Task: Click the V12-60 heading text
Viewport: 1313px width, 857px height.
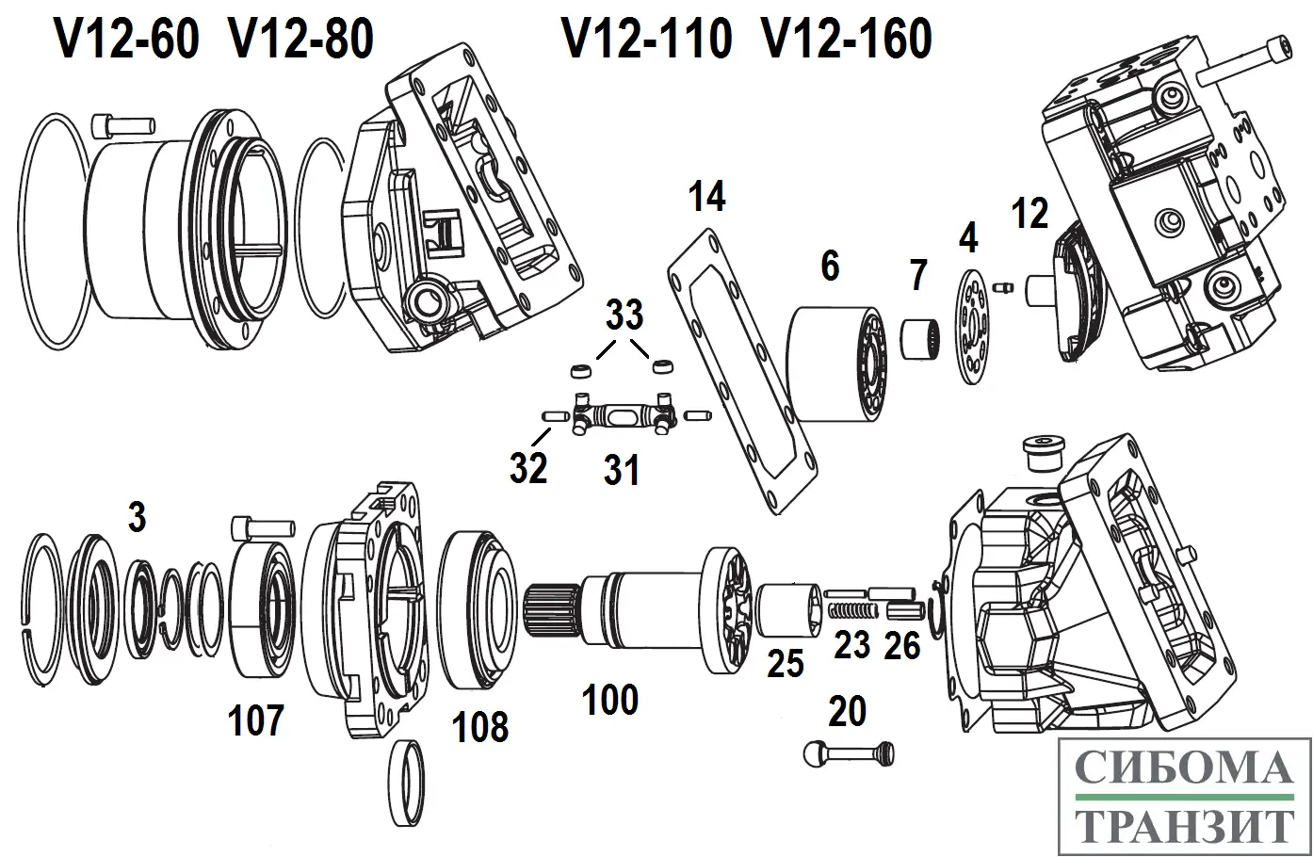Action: [x=127, y=40]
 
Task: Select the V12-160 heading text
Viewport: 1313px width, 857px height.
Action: [x=847, y=40]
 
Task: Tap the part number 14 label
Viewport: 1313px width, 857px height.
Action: [x=706, y=198]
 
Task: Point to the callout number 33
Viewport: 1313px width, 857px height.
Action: [x=624, y=315]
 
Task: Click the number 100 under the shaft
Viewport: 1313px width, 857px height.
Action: [x=610, y=700]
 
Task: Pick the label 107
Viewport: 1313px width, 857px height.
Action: [x=255, y=721]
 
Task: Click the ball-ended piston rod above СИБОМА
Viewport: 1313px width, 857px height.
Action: [x=848, y=752]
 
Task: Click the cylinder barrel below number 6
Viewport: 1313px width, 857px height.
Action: [x=836, y=363]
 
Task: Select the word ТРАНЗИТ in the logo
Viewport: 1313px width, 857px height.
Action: [x=1184, y=826]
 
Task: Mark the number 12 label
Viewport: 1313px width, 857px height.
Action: [x=1029, y=215]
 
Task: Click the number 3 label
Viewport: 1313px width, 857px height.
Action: [x=138, y=517]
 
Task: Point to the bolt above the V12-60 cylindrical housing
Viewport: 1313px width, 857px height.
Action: [x=122, y=123]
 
